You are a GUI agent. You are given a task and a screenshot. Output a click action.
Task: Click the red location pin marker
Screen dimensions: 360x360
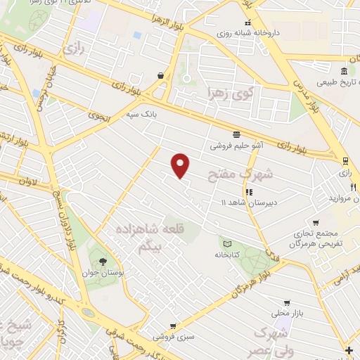[x=181, y=165]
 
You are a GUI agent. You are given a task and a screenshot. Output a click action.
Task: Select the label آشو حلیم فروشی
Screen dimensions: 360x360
[x=236, y=146]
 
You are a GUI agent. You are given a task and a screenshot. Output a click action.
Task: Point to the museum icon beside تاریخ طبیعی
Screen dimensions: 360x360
[x=344, y=71]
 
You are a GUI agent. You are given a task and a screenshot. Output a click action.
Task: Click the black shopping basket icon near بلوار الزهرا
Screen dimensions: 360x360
[x=161, y=75]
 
